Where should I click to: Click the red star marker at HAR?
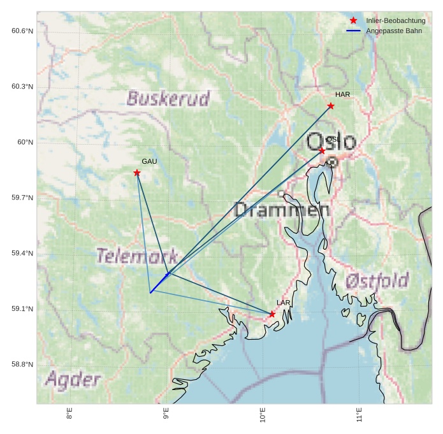(x=331, y=106)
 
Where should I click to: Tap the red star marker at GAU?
(x=137, y=173)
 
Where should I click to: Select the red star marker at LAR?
(x=272, y=314)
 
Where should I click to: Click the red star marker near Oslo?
(x=323, y=150)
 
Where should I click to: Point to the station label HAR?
(x=342, y=95)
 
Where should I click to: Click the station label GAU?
(x=149, y=162)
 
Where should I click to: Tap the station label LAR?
(x=284, y=303)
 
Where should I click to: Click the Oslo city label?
(x=331, y=142)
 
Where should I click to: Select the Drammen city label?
(x=282, y=210)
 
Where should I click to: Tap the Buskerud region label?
(x=168, y=99)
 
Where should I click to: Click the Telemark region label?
(x=136, y=256)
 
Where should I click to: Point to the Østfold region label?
(x=377, y=280)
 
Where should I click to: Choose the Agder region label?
(x=73, y=380)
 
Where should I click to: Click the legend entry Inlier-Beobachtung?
(x=395, y=20)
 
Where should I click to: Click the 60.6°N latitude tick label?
(x=22, y=31)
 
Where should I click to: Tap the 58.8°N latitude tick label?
(x=22, y=365)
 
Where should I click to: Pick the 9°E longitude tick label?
(x=166, y=416)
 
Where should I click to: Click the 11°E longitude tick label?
(x=359, y=416)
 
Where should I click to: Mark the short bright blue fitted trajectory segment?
(x=159, y=284)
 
